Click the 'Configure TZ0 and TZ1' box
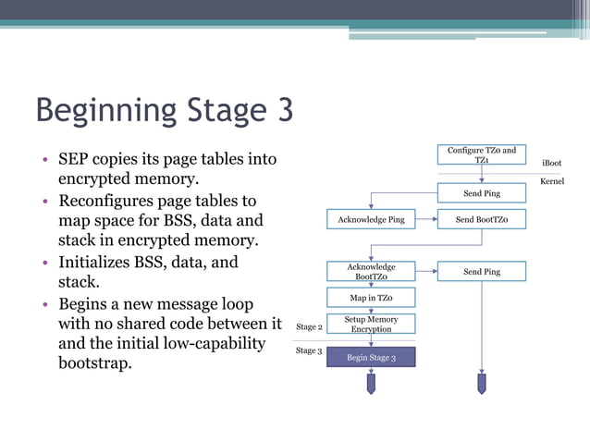[x=481, y=155]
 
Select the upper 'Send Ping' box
[x=481, y=193]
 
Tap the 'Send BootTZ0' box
[x=481, y=219]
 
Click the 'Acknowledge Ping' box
[x=371, y=219]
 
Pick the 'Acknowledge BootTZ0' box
[x=371, y=271]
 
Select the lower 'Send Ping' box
[x=481, y=271]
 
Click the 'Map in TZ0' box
[x=371, y=298]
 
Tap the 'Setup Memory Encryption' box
[x=371, y=324]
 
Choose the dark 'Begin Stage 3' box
[x=371, y=357]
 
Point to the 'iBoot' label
[x=551, y=163]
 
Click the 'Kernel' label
[x=551, y=181]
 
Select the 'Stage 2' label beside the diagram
[x=309, y=326]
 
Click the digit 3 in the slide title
[x=282, y=110]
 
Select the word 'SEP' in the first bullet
[x=76, y=159]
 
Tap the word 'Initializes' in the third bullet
[x=95, y=263]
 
